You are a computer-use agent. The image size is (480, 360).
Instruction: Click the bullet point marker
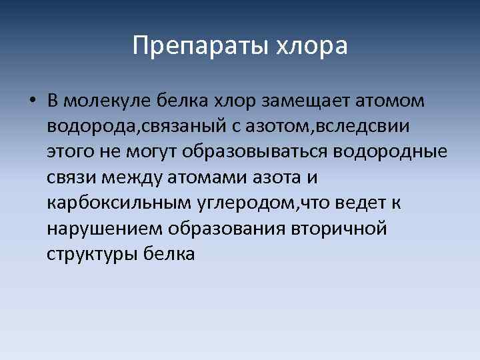coord(31,102)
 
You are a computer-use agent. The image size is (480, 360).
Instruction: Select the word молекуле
coord(107,101)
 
